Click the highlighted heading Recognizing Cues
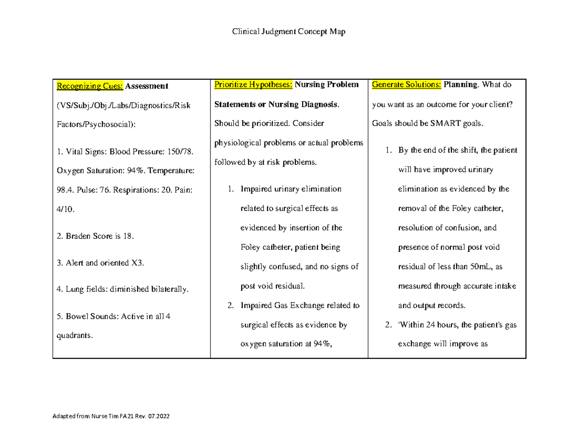pyautogui.click(x=90, y=86)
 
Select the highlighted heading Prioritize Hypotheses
pyautogui.click(x=253, y=85)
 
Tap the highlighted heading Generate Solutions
pyautogui.click(x=406, y=85)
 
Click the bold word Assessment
pyautogui.click(x=147, y=86)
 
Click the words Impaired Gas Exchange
pyautogui.click(x=282, y=306)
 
